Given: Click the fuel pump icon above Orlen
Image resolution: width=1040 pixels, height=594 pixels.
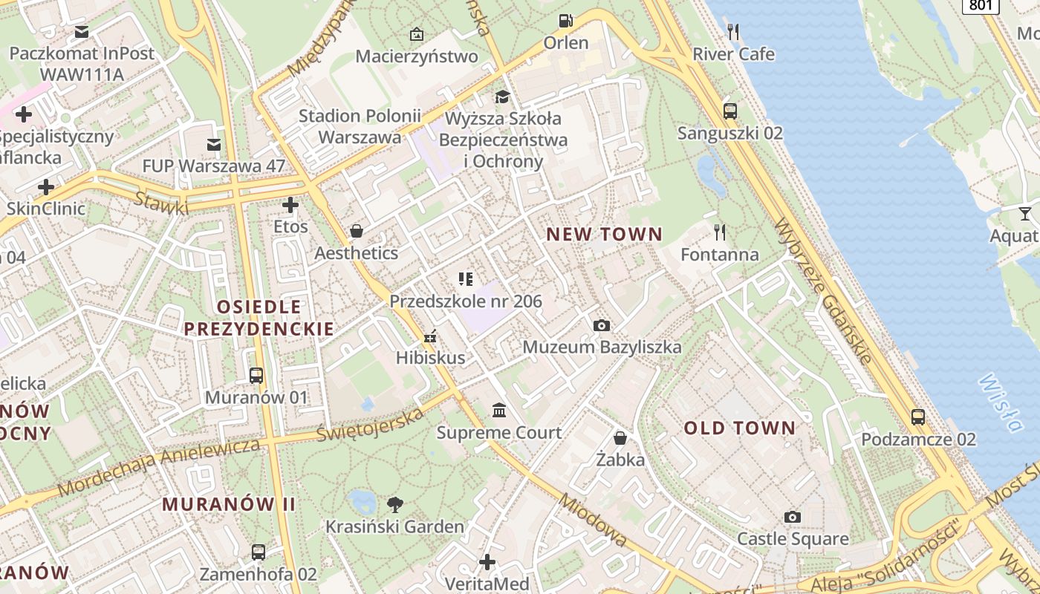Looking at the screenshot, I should click(x=566, y=21).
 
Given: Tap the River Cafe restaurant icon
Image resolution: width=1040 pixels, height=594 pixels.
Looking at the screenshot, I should click(x=733, y=31).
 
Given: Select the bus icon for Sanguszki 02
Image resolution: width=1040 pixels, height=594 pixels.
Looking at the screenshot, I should click(x=730, y=111).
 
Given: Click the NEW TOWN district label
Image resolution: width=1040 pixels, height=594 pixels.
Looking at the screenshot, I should click(x=604, y=235).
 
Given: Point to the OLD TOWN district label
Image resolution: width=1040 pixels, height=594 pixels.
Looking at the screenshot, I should click(x=739, y=428).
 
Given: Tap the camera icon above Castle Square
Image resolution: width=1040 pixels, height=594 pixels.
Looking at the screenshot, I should click(x=793, y=517).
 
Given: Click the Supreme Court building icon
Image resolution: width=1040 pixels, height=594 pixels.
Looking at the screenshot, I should click(x=499, y=411).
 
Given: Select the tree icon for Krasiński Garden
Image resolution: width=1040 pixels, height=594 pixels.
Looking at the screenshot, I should click(x=395, y=505).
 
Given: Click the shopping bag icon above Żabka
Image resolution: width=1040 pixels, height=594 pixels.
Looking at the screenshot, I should click(x=620, y=438).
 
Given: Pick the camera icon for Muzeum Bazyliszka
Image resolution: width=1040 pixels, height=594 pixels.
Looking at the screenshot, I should click(x=602, y=325).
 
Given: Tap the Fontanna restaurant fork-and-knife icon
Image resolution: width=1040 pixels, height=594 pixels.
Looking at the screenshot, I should click(x=720, y=232).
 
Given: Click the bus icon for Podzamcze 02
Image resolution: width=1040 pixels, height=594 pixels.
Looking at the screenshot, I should click(x=918, y=417).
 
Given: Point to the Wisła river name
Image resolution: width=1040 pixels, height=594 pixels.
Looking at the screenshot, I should click(x=1000, y=401).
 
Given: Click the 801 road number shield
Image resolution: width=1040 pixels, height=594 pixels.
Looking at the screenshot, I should click(x=981, y=5).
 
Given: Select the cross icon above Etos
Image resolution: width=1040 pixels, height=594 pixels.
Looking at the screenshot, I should click(x=290, y=205).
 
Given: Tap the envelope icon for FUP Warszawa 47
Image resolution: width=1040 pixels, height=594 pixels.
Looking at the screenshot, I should click(x=214, y=144).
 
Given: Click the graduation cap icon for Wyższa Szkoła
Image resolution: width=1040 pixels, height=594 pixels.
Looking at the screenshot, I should click(x=503, y=97).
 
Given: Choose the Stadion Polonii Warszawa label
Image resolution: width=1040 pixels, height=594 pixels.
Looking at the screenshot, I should click(x=360, y=126).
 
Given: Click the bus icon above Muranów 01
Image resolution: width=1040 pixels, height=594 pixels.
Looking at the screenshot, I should click(x=256, y=376).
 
